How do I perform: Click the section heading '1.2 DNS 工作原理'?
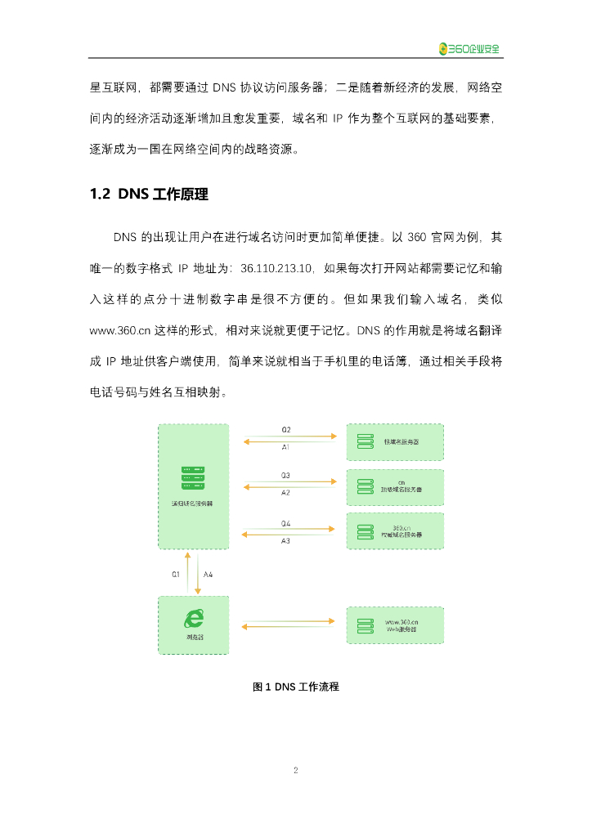[x=148, y=195]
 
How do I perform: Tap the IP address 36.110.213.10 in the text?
[x=276, y=266]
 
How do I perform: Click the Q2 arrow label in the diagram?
[x=286, y=429]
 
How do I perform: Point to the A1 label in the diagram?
[x=286, y=448]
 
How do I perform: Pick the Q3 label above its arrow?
[x=286, y=475]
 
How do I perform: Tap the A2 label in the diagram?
[x=286, y=493]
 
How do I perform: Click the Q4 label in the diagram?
[x=286, y=523]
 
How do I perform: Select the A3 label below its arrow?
[x=286, y=541]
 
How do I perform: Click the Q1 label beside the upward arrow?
[x=176, y=575]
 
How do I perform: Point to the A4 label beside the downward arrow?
[x=209, y=575]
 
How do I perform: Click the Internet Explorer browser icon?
[x=193, y=620]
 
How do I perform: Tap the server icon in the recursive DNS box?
[x=193, y=477]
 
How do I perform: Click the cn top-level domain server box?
[x=395, y=488]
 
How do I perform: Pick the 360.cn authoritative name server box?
[x=395, y=531]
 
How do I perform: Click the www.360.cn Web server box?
[x=395, y=626]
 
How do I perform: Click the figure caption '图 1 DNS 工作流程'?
[x=295, y=687]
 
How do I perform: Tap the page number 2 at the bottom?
[x=296, y=770]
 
